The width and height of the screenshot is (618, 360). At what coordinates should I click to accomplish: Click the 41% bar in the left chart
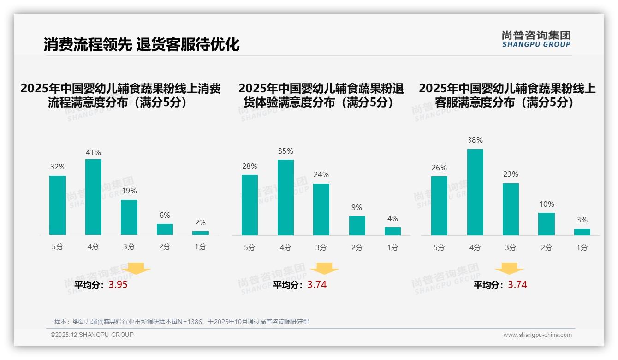(93, 197)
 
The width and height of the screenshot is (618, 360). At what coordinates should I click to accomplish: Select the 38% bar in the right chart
(475, 192)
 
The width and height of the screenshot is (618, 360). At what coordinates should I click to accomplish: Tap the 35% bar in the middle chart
(285, 198)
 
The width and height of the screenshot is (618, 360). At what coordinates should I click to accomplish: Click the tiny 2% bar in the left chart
(201, 233)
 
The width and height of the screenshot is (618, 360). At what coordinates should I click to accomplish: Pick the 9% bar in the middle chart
(357, 226)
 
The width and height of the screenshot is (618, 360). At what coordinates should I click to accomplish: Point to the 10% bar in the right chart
(547, 224)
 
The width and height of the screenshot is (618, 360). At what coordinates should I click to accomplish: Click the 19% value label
(129, 191)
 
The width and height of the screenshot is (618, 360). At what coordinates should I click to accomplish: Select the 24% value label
(321, 174)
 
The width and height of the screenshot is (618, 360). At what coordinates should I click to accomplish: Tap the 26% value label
(439, 168)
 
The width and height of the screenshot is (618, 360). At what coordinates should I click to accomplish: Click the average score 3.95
(118, 285)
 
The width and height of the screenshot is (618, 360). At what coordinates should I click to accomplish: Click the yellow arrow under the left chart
(137, 268)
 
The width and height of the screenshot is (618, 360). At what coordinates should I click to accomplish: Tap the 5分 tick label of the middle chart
(250, 247)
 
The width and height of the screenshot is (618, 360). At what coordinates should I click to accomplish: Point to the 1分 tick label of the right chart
(582, 247)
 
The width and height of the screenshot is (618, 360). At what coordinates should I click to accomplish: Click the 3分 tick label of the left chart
(129, 246)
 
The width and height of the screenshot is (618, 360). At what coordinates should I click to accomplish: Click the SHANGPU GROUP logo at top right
(536, 39)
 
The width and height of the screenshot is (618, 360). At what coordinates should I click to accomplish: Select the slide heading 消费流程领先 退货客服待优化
(142, 45)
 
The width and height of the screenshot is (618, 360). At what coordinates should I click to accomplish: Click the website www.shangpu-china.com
(537, 335)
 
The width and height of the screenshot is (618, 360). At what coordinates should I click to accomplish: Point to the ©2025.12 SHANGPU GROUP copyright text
(92, 335)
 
